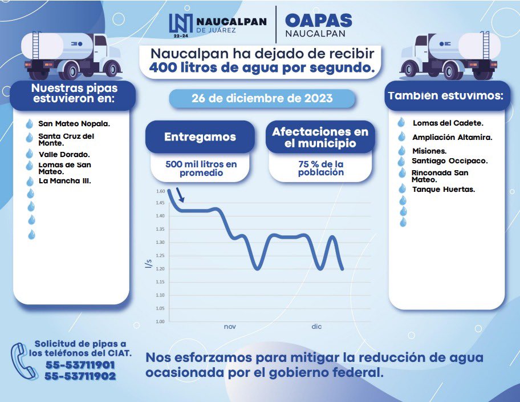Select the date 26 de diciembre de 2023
pyautogui.click(x=262, y=98)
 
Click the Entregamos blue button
pyautogui.click(x=200, y=137)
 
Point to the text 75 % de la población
pyautogui.click(x=320, y=168)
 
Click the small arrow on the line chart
pyautogui.click(x=181, y=196)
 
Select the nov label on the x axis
pyautogui.click(x=229, y=327)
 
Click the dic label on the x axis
pyautogui.click(x=316, y=327)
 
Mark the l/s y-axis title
pyautogui.click(x=148, y=264)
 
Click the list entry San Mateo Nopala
pyautogui.click(x=74, y=123)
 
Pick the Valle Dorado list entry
pyautogui.click(x=64, y=154)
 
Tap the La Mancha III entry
pyautogui.click(x=64, y=181)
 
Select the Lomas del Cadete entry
pyautogui.click(x=448, y=123)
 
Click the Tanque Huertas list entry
pyautogui.click(x=443, y=189)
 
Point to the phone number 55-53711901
pyautogui.click(x=80, y=365)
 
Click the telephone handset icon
pyautogui.click(x=21, y=359)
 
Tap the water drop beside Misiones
pyautogui.click(x=403, y=151)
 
